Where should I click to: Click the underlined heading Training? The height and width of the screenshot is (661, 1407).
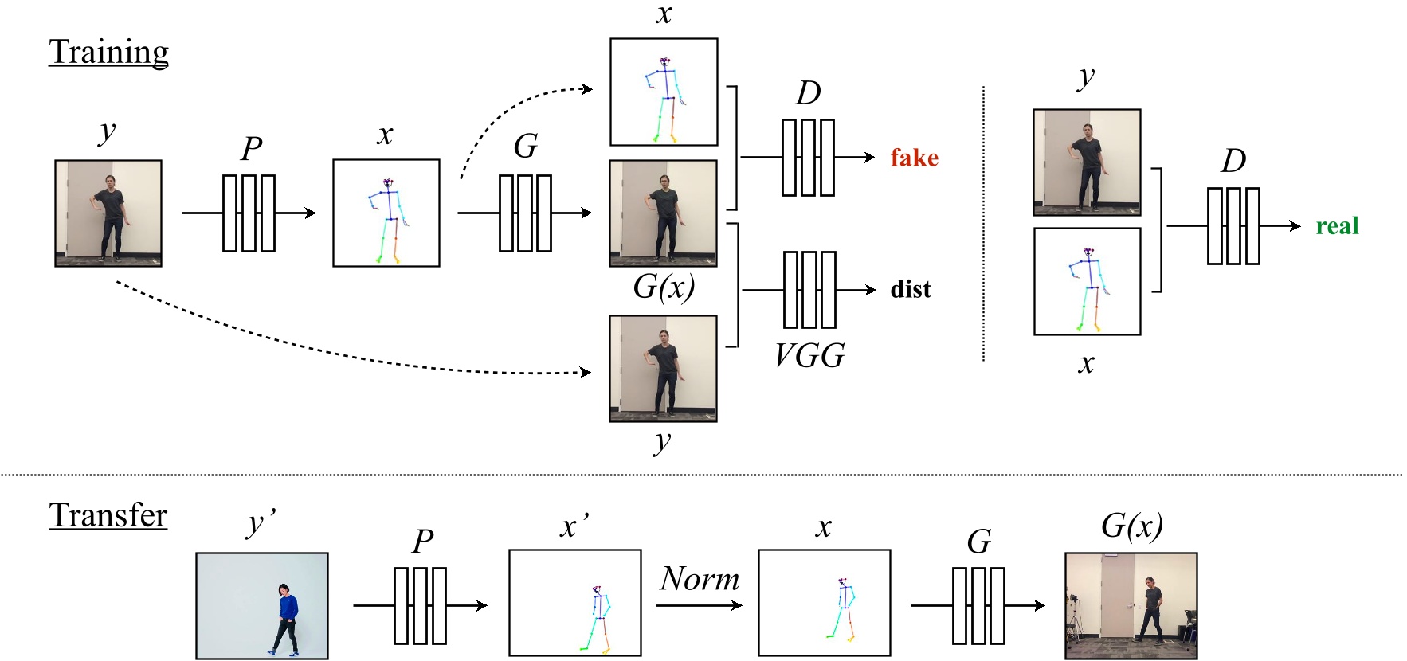pyautogui.click(x=108, y=53)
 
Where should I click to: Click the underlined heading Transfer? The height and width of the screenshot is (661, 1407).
pyautogui.click(x=108, y=515)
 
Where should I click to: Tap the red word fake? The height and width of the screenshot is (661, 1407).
pyautogui.click(x=914, y=158)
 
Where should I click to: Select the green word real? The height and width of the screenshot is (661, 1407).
pyautogui.click(x=1337, y=226)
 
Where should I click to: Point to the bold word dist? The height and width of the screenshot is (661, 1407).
pyautogui.click(x=911, y=289)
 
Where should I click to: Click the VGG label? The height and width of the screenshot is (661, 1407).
pyautogui.click(x=809, y=355)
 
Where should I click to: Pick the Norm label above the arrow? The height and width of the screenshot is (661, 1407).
pyautogui.click(x=700, y=579)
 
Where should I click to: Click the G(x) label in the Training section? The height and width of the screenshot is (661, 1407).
pyautogui.click(x=664, y=287)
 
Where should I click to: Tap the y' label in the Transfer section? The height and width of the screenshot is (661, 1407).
pyautogui.click(x=261, y=523)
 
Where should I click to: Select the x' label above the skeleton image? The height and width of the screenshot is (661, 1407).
pyautogui.click(x=574, y=526)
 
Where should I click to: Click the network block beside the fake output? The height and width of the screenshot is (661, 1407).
pyautogui.click(x=808, y=158)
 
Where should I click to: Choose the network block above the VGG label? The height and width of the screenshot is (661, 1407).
pyautogui.click(x=809, y=290)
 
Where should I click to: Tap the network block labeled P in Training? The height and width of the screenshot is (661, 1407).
pyautogui.click(x=249, y=213)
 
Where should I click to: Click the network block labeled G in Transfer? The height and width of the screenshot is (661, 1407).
pyautogui.click(x=978, y=606)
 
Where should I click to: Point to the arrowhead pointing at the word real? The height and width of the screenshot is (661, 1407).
pyautogui.click(x=1295, y=226)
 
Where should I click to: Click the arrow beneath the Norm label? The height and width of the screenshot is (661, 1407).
pyautogui.click(x=700, y=605)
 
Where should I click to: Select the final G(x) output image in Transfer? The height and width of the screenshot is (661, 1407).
pyautogui.click(x=1131, y=606)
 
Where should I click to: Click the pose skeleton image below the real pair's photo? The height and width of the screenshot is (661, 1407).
pyautogui.click(x=1087, y=281)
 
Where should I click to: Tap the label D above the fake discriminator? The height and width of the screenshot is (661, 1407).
pyautogui.click(x=808, y=93)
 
